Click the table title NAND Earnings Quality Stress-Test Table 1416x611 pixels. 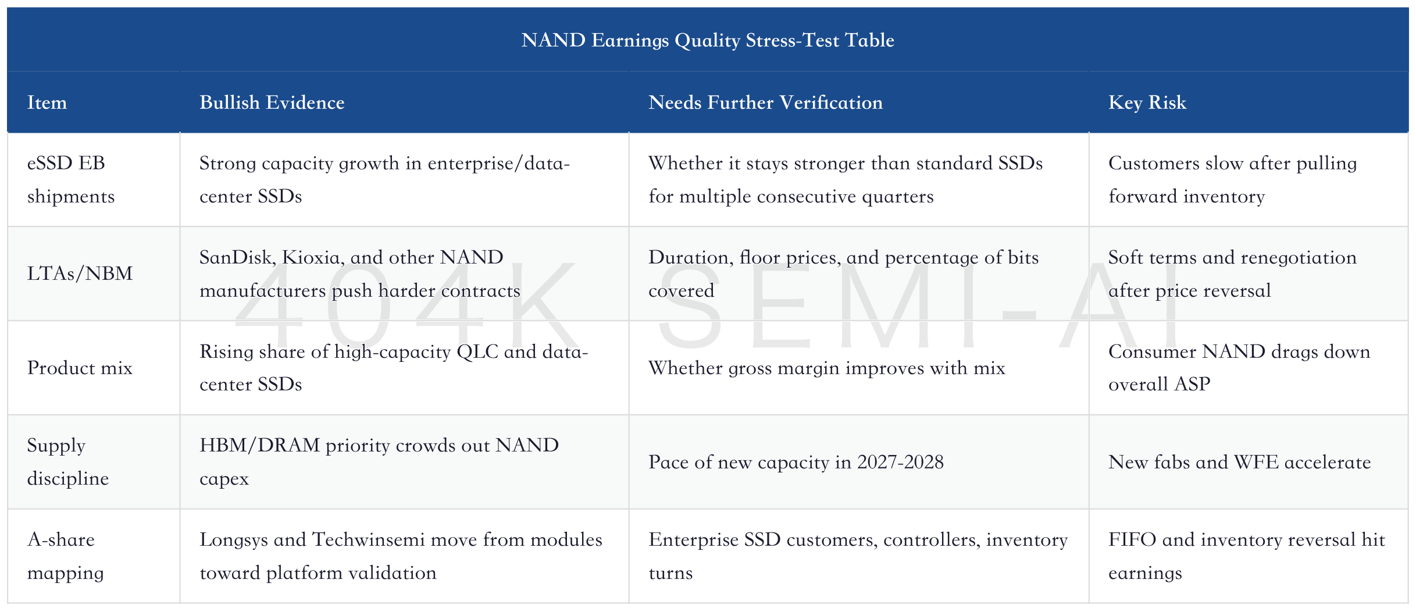(x=708, y=40)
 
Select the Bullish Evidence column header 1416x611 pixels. (x=272, y=102)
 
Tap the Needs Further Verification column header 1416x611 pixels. (x=765, y=102)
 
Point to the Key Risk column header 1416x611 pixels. (x=1147, y=102)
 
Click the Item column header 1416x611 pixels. (x=47, y=102)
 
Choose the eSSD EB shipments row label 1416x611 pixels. (x=71, y=179)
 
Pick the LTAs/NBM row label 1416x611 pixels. (x=80, y=273)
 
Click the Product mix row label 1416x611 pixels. (x=80, y=368)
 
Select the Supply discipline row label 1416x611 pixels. (x=68, y=461)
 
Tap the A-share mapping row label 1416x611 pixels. (x=66, y=556)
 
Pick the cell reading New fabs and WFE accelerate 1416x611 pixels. (x=1239, y=462)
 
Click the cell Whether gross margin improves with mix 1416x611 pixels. (x=827, y=368)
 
